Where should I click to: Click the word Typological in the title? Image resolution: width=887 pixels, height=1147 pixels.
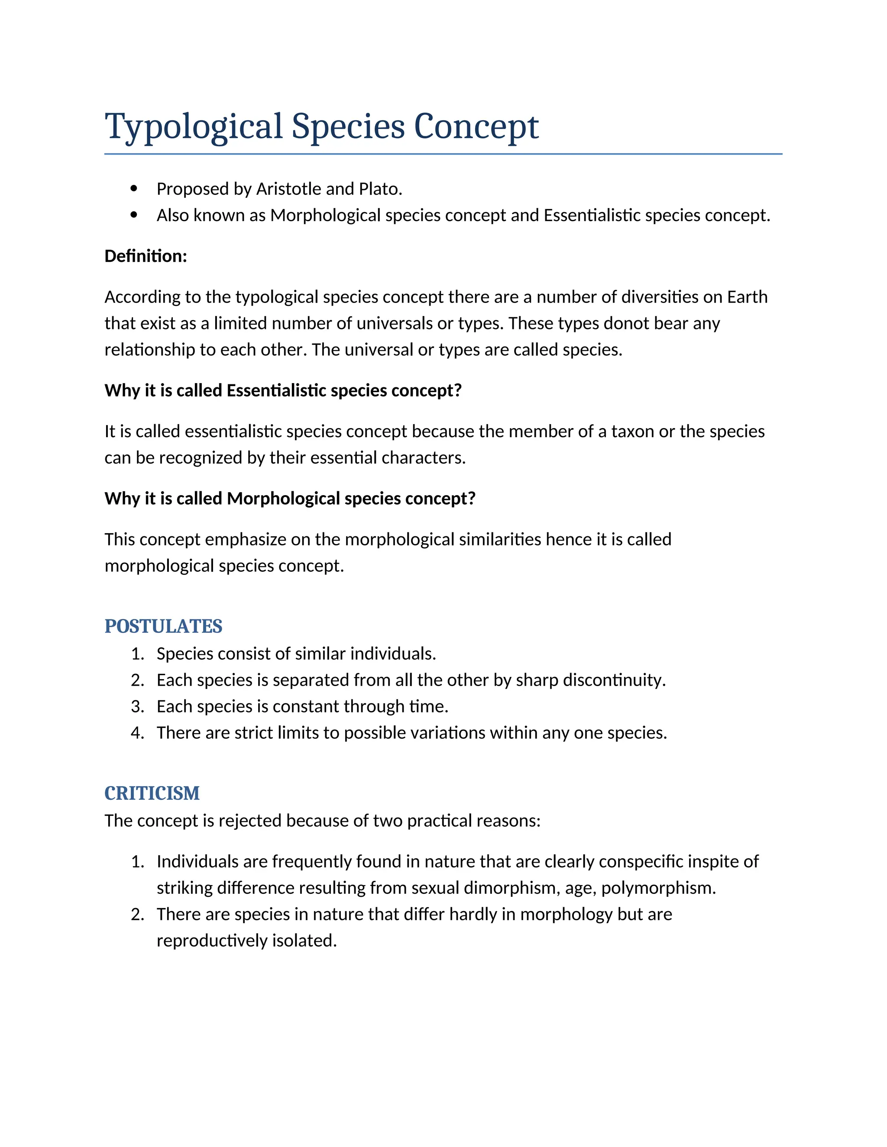[x=193, y=127]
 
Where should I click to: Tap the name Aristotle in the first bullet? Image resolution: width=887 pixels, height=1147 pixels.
[x=288, y=189]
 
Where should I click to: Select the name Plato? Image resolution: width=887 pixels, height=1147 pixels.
[x=380, y=189]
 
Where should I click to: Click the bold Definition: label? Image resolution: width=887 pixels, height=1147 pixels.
[x=146, y=256]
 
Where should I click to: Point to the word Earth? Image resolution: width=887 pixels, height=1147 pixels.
[x=747, y=297]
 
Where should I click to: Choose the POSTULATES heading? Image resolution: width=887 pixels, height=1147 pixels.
[x=163, y=627]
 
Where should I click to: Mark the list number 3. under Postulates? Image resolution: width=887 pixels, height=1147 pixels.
[x=137, y=707]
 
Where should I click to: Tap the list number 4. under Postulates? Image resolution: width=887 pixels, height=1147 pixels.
[x=137, y=733]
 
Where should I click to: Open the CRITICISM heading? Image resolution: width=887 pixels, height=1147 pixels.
[x=152, y=793]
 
